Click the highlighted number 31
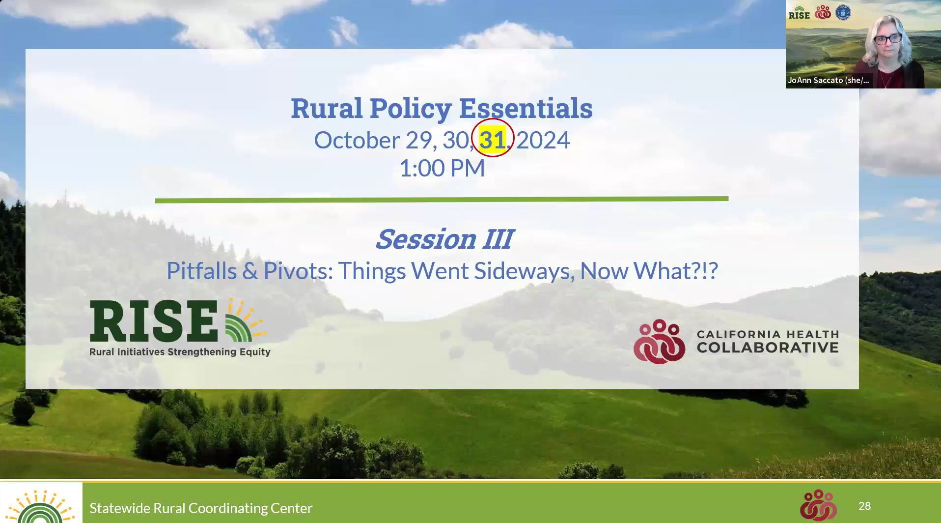tap(492, 140)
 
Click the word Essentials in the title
tap(526, 108)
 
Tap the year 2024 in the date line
tap(543, 141)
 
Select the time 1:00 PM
tap(442, 168)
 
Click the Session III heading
tap(444, 239)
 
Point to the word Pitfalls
tap(202, 271)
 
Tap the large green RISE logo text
tap(154, 321)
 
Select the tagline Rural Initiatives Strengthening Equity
tap(180, 352)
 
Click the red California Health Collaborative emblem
tap(659, 342)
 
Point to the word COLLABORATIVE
tap(768, 348)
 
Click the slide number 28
tap(864, 506)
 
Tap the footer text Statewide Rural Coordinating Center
tap(201, 508)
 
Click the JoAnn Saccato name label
tap(829, 80)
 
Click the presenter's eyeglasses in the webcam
tap(888, 38)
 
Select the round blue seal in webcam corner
tap(843, 12)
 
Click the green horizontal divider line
tap(442, 200)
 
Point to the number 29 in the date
tap(418, 141)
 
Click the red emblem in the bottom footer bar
tap(818, 505)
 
